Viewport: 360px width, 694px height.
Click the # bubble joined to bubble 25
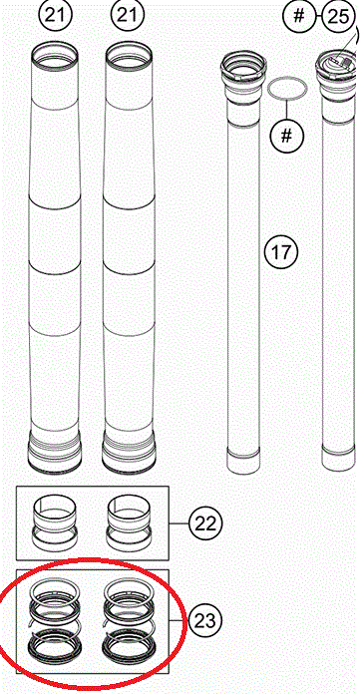(x=299, y=17)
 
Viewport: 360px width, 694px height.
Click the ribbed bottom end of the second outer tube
(x=129, y=452)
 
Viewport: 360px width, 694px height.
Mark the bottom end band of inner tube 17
(x=243, y=461)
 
